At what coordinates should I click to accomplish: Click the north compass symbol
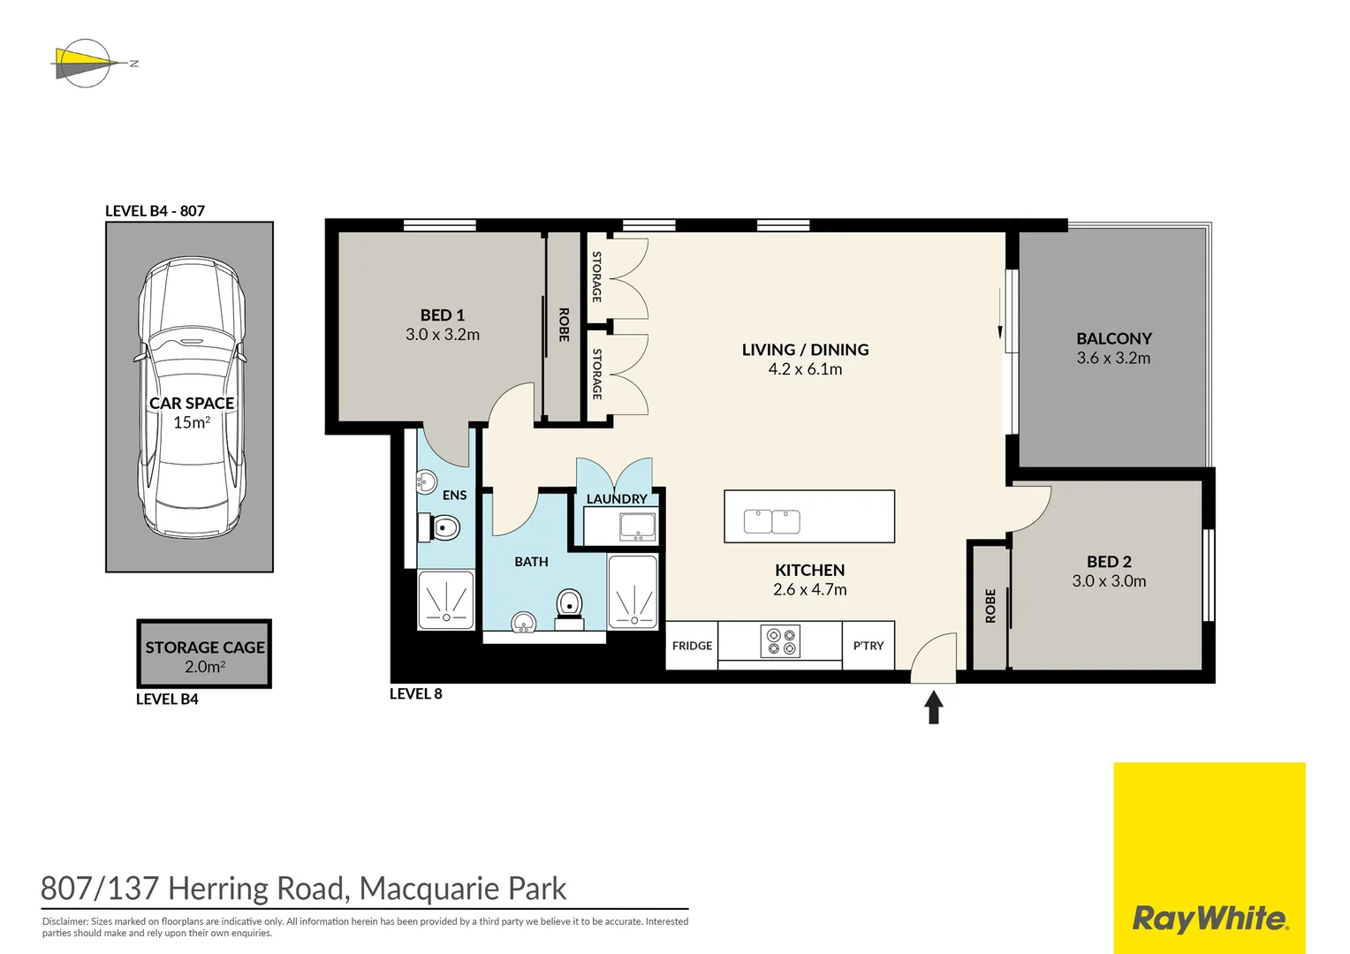(x=87, y=64)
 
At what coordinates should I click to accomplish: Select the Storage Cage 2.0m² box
(x=204, y=655)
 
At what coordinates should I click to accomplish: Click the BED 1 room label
(x=442, y=315)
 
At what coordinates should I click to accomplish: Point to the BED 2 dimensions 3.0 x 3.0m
(x=1109, y=581)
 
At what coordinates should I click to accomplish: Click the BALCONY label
(x=1113, y=338)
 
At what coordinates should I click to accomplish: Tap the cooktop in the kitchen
(x=780, y=641)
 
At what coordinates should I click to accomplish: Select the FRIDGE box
(x=692, y=646)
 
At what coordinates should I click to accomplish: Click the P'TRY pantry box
(x=868, y=646)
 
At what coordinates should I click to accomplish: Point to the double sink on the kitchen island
(x=771, y=522)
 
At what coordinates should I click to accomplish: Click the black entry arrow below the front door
(x=933, y=707)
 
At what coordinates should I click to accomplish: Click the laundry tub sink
(x=637, y=526)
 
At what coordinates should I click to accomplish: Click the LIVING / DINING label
(x=805, y=350)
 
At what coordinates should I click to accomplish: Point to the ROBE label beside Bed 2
(x=990, y=606)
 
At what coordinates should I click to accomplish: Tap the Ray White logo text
(x=1210, y=919)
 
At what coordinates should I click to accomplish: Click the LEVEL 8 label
(x=415, y=694)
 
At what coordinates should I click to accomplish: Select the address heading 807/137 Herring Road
(x=303, y=889)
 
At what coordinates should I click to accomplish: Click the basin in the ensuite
(x=427, y=482)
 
